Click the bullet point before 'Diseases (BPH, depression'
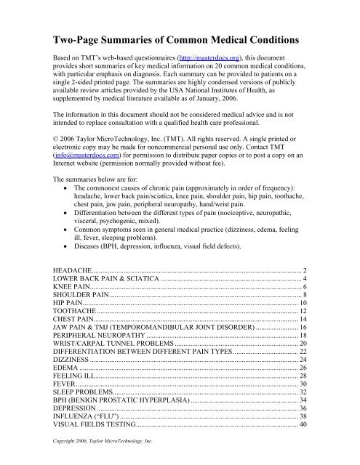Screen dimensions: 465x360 click(66, 247)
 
